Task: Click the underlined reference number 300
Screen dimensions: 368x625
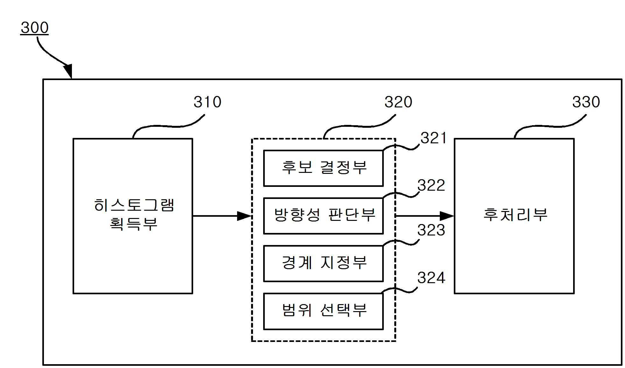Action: pyautogui.click(x=34, y=28)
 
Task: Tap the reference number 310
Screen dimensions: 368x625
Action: pyautogui.click(x=207, y=102)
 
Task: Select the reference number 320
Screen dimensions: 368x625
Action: pyautogui.click(x=398, y=102)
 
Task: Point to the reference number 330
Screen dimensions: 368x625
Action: pyautogui.click(x=586, y=102)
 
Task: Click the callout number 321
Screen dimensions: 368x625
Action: pyautogui.click(x=433, y=138)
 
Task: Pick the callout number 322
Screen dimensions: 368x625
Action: pyautogui.click(x=431, y=185)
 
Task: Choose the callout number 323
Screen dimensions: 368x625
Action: pyautogui.click(x=431, y=230)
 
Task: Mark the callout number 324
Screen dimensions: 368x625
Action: pyautogui.click(x=431, y=278)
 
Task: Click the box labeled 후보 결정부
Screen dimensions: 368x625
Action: pyautogui.click(x=323, y=168)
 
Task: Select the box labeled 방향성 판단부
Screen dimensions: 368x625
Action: pyautogui.click(x=323, y=216)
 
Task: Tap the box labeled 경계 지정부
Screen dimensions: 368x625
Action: pyautogui.click(x=323, y=263)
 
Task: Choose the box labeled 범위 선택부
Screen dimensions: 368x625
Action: pyautogui.click(x=323, y=311)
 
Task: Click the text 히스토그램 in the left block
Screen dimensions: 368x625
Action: pyautogui.click(x=134, y=205)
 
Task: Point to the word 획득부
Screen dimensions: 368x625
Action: pyautogui.click(x=134, y=224)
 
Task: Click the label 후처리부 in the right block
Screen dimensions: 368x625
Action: pyautogui.click(x=515, y=215)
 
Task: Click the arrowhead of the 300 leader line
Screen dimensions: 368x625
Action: pyautogui.click(x=69, y=71)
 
